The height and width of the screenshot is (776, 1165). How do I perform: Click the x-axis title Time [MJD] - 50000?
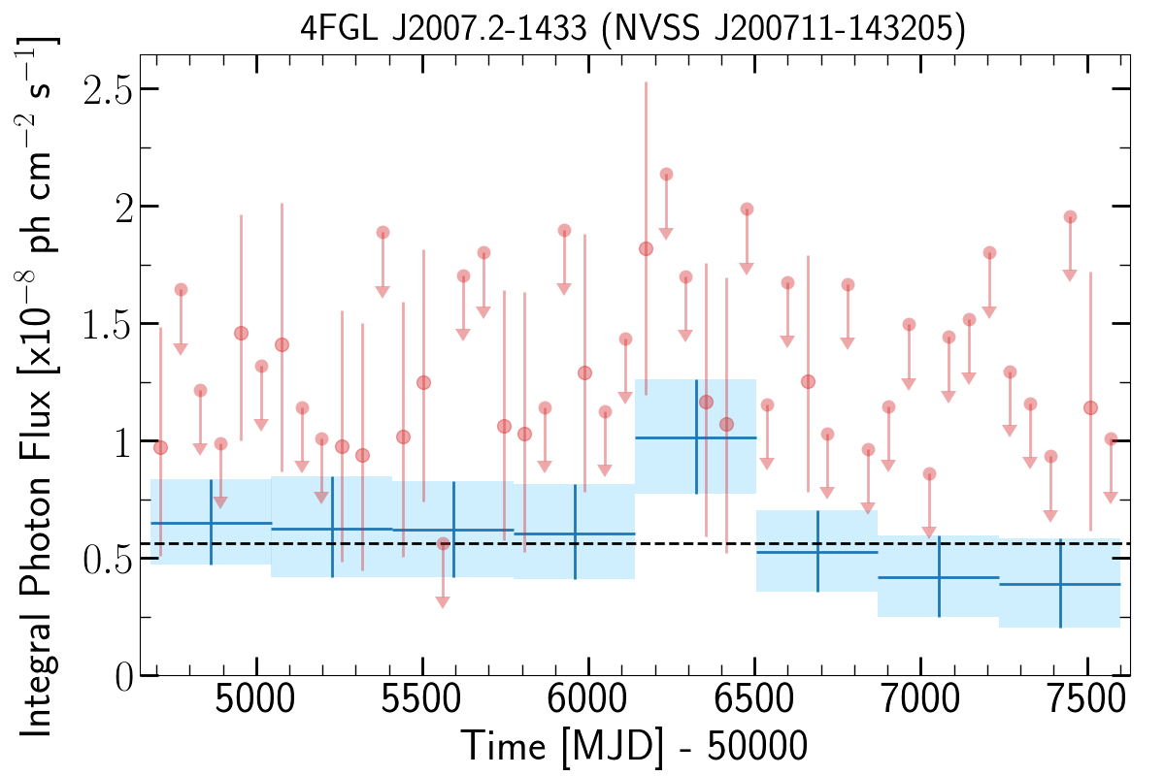(633, 747)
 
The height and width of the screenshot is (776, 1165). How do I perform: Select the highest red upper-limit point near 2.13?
(666, 175)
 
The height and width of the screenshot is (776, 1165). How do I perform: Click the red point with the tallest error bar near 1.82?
(646, 248)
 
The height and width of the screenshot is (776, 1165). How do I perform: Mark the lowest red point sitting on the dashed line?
(443, 543)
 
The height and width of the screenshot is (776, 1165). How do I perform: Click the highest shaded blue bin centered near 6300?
(695, 436)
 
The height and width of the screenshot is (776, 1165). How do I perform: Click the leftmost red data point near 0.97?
(161, 447)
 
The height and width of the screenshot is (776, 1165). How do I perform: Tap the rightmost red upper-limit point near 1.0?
(1111, 439)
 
